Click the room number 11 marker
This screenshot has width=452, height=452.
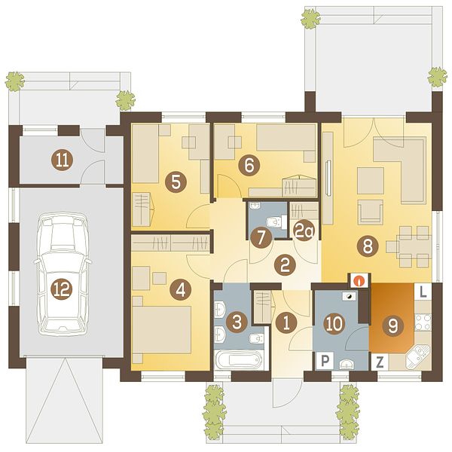click(x=63, y=160)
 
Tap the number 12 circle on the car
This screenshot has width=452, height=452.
click(x=63, y=289)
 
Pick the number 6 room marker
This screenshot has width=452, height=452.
click(x=249, y=166)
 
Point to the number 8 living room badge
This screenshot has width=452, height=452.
click(x=368, y=246)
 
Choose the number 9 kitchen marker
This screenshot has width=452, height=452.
click(x=393, y=325)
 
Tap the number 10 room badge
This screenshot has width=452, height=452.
click(x=334, y=323)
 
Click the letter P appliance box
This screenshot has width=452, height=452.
click(x=325, y=360)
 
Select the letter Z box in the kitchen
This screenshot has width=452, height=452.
click(x=380, y=362)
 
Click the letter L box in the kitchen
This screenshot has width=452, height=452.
click(x=423, y=292)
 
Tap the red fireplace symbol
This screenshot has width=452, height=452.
click(x=359, y=280)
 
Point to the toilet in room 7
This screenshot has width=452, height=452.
click(x=276, y=222)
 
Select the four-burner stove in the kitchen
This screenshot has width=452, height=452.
click(x=423, y=322)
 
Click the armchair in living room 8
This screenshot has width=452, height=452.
click(x=371, y=212)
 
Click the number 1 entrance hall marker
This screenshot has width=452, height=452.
click(x=286, y=323)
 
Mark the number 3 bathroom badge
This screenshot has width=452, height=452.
click(x=237, y=322)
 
